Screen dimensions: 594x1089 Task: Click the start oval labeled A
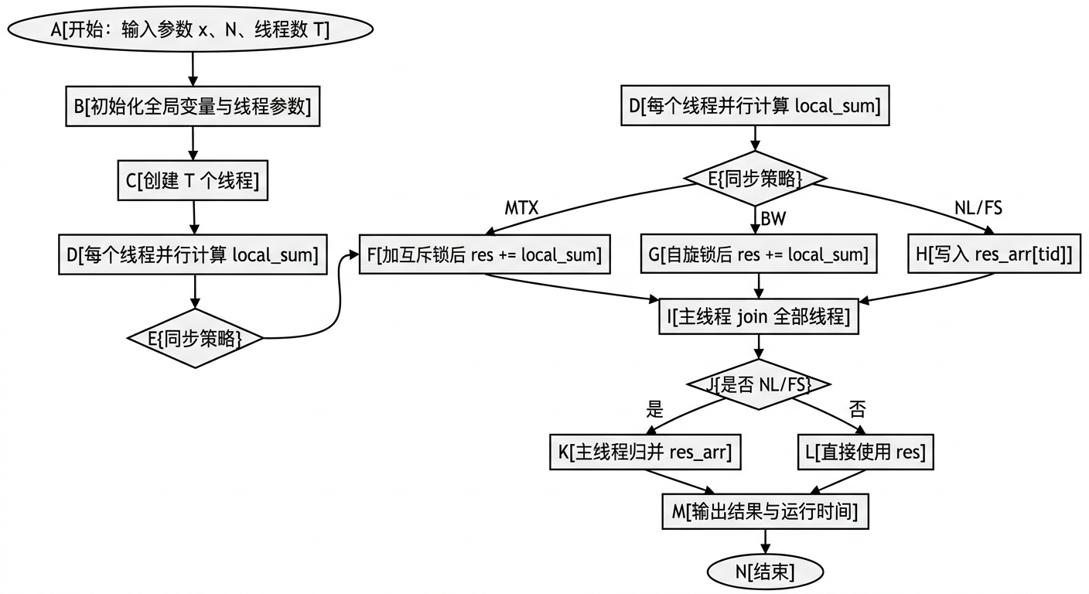tap(189, 29)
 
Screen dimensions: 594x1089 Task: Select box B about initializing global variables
tap(192, 107)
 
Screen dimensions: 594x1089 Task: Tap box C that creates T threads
tap(193, 180)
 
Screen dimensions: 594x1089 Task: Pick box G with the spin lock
tap(759, 254)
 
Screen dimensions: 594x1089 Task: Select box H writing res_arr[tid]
tap(994, 254)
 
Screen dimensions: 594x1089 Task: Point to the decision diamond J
tap(759, 383)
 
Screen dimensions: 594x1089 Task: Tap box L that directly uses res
tap(865, 452)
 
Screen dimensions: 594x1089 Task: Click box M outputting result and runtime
tap(765, 511)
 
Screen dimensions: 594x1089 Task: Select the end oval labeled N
tap(765, 572)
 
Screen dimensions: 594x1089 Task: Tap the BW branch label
tap(773, 219)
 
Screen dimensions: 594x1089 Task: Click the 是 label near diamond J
tap(654, 409)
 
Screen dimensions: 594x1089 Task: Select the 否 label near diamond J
tap(857, 409)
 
